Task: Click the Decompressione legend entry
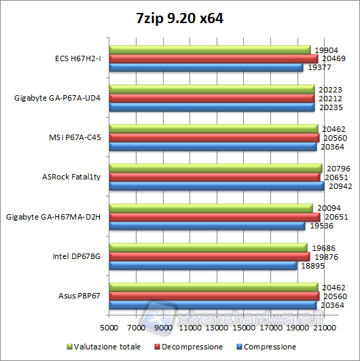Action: coord(192,347)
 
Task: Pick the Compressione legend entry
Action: coord(269,347)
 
